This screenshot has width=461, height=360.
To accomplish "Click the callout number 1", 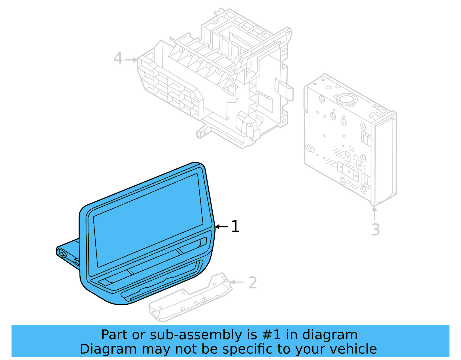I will [x=235, y=227].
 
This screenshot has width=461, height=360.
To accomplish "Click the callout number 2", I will [x=252, y=283].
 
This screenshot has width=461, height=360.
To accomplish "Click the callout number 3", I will [x=375, y=230].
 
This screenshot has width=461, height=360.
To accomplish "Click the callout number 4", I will [x=118, y=58].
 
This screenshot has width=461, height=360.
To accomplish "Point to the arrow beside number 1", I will [x=222, y=227].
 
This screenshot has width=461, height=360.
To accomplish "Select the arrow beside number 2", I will [x=237, y=282].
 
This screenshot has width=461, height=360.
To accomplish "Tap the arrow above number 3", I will [x=374, y=213].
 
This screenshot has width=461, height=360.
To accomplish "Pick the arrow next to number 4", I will [x=131, y=60].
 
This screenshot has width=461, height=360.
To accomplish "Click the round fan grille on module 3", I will [x=347, y=99].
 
